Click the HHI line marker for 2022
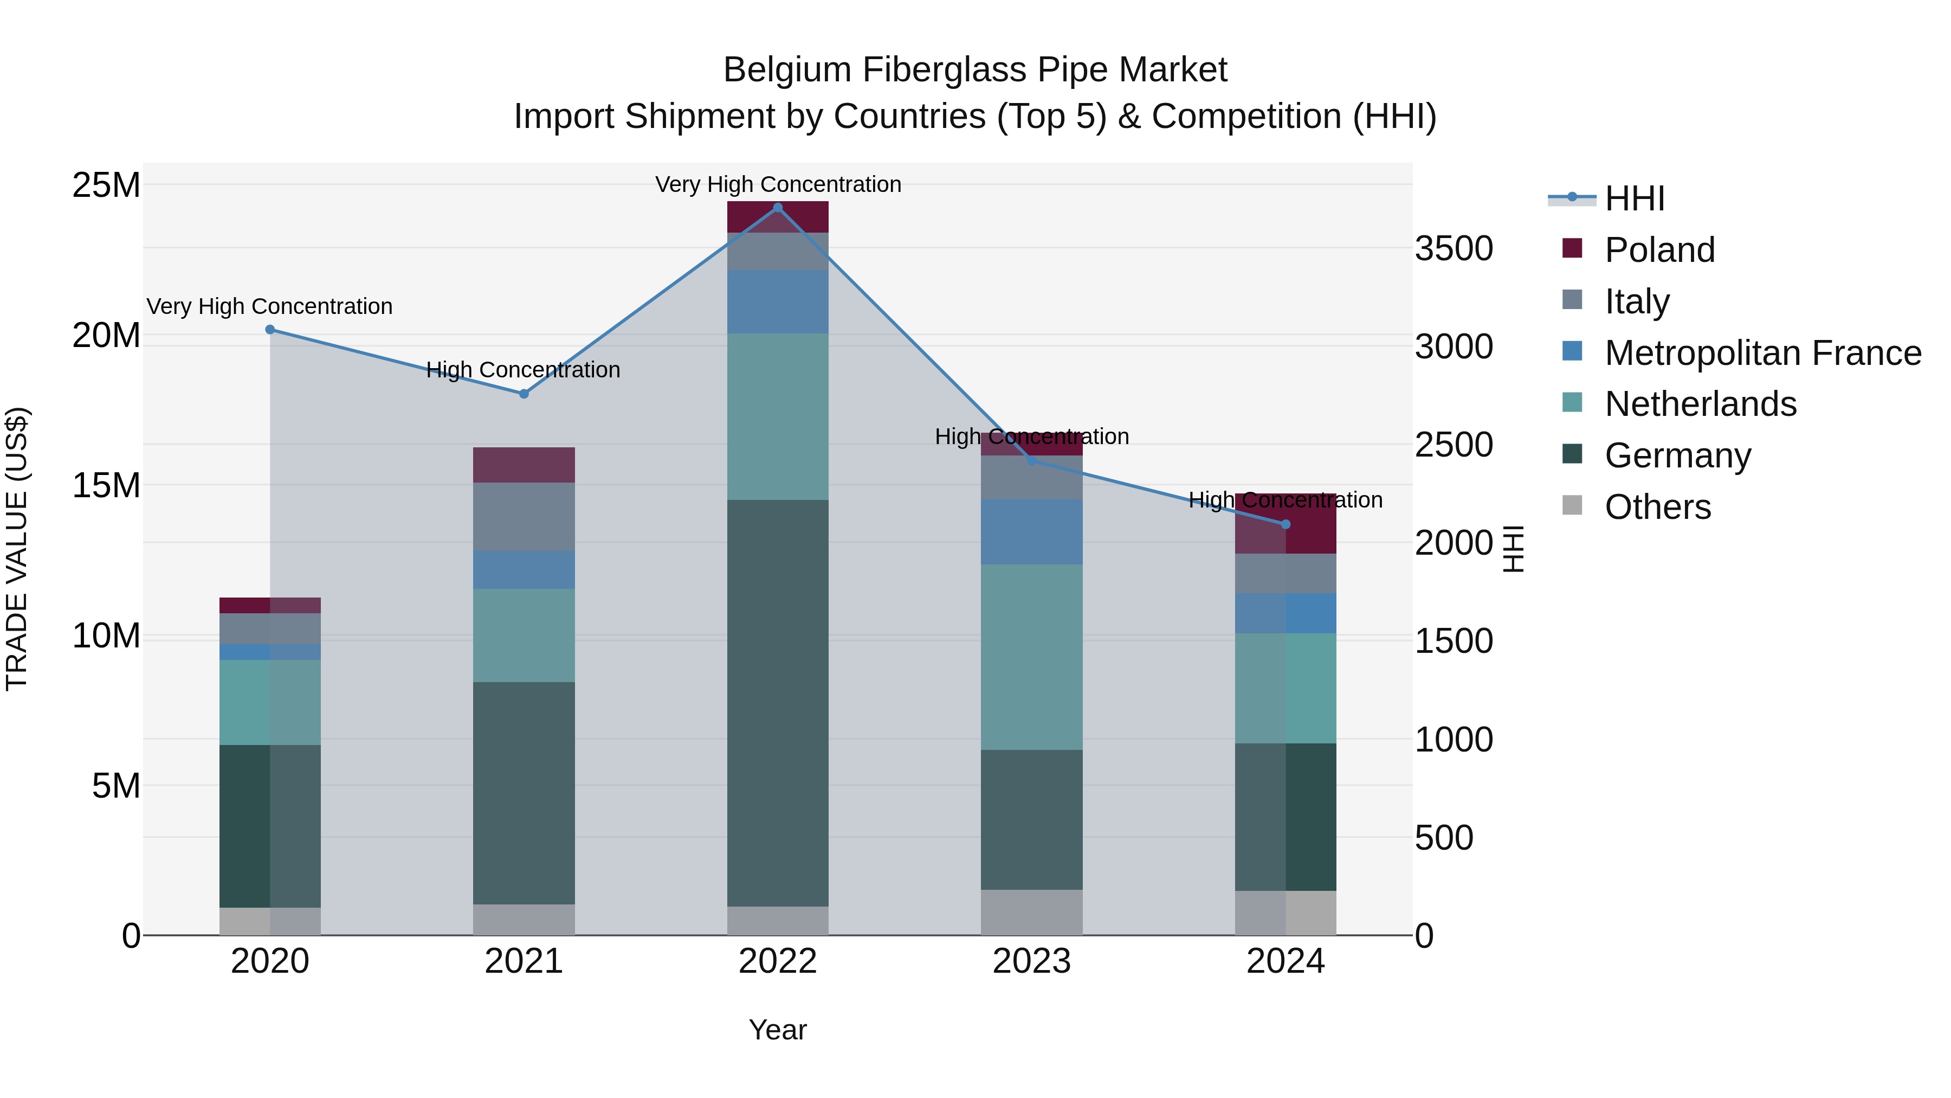pos(778,208)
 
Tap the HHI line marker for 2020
pos(270,330)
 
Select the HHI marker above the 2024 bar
pos(1285,524)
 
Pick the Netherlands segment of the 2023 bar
pos(1031,657)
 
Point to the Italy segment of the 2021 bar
pos(524,517)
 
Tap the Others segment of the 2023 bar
pos(1031,913)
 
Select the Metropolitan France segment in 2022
pos(778,301)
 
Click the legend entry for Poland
pos(1659,250)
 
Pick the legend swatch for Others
pos(1572,505)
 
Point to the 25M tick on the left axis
pos(106,185)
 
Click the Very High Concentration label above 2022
pos(778,185)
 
